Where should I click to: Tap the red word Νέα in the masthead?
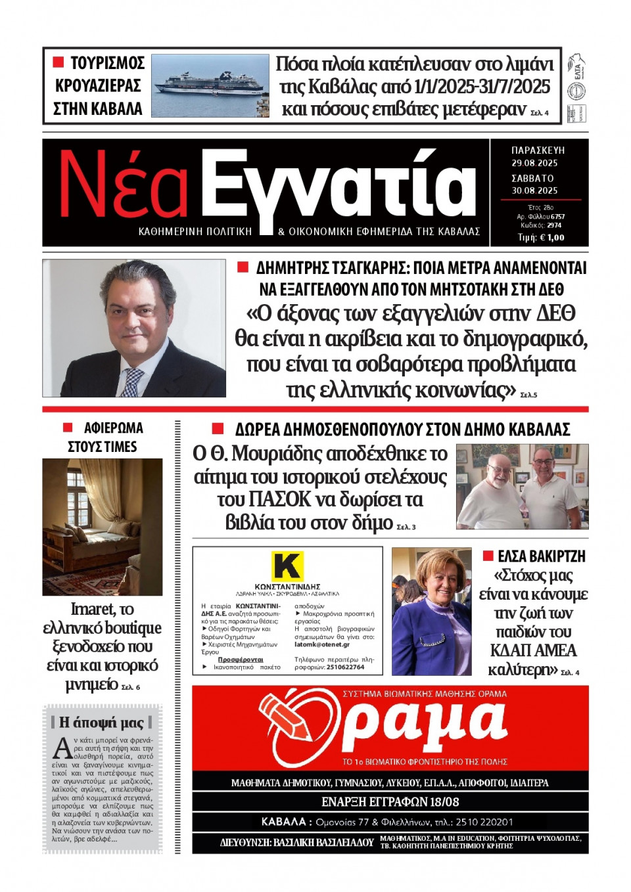coord(124,185)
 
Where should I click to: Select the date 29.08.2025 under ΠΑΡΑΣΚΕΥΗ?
coord(534,163)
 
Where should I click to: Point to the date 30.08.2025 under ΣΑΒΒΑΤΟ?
coord(534,190)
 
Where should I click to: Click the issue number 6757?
coord(557,216)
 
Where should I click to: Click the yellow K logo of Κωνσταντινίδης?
coord(287,566)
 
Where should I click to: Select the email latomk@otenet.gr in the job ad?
coord(322,644)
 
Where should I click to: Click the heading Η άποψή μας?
coord(101,722)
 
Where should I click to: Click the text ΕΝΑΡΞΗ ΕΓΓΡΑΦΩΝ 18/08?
coord(390,802)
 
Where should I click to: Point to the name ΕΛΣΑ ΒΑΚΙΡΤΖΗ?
coord(541,556)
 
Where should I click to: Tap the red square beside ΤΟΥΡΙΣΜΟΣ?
coord(58,62)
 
